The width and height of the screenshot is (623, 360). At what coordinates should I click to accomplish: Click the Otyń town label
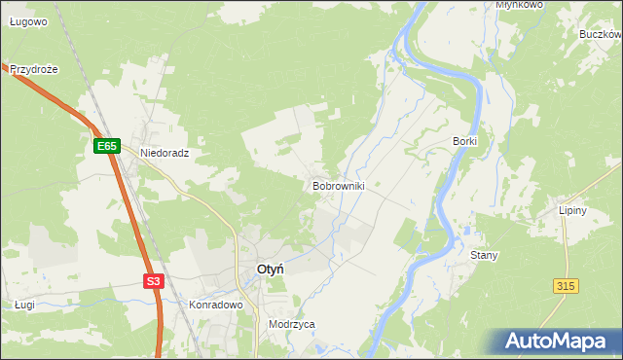270,270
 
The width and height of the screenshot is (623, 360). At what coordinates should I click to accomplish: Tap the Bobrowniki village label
338,185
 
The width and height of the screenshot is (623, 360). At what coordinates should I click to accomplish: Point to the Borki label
464,141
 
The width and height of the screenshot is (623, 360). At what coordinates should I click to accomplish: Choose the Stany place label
484,256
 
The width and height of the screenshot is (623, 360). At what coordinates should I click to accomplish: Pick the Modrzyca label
292,325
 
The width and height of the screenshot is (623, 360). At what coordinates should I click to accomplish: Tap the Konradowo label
214,305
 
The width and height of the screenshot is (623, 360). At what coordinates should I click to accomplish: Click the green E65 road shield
107,146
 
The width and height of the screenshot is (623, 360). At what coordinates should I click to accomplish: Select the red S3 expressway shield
153,281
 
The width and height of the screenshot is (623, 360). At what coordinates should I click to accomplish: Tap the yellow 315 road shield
566,285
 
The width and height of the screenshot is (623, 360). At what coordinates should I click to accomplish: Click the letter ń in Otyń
278,270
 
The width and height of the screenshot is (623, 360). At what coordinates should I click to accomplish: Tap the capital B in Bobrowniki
315,185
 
